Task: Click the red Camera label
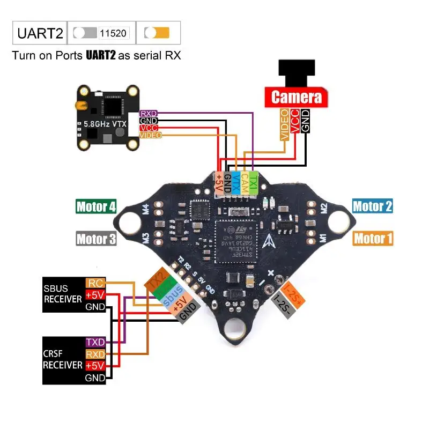297,97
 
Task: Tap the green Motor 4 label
96,206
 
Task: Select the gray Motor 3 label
96,239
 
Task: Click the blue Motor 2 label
373,206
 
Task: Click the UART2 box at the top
40,33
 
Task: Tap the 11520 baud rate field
113,33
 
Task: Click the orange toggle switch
157,33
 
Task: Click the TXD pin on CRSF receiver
95,342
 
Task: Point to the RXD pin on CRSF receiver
95,354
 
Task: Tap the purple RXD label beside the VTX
147,114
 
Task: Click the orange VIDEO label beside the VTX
150,135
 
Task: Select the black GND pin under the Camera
305,121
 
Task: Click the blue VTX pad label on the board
235,182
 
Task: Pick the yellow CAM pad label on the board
245,182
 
